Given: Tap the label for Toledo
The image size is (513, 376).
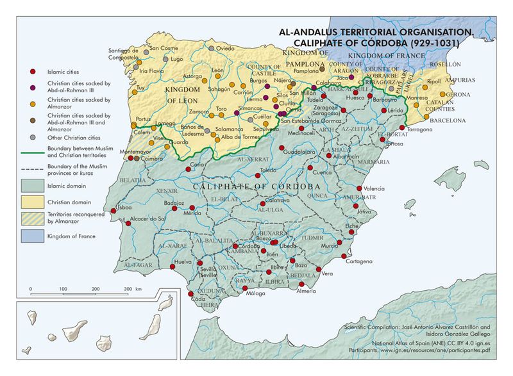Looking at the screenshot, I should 268,170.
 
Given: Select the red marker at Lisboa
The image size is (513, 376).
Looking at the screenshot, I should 115,209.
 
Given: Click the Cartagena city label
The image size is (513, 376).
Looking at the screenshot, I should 358,261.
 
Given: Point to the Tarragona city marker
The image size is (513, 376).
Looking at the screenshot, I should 401,127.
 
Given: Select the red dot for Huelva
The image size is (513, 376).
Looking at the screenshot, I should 172,262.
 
